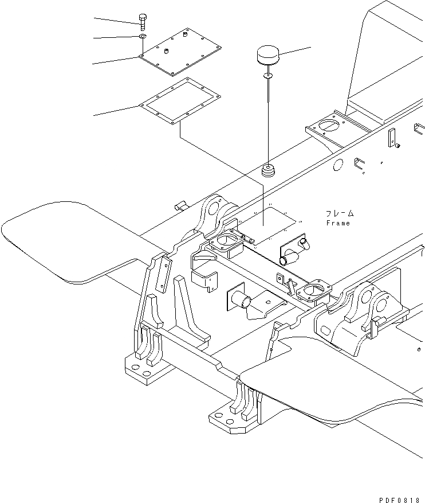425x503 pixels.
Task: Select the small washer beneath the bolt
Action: pos(142,37)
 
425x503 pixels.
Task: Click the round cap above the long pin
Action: pos(267,57)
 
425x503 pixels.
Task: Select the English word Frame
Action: pos(338,223)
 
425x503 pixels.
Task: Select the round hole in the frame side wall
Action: pos(337,166)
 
